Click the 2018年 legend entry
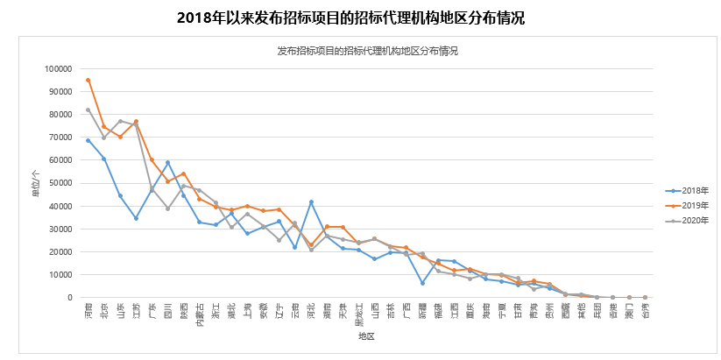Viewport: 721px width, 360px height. click(687, 190)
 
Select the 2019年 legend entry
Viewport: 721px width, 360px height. click(687, 205)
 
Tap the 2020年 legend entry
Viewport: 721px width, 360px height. click(687, 220)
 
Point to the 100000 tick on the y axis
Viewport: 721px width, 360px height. click(58, 69)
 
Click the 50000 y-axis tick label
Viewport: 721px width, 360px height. click(60, 183)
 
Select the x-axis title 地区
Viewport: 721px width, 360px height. click(366, 337)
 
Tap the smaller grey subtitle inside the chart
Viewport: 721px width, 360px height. click(367, 51)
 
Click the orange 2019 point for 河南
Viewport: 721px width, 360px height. click(88, 80)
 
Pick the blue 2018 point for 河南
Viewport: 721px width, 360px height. click(88, 140)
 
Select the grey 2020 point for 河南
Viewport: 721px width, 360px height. click(88, 109)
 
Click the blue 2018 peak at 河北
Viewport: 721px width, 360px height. click(311, 202)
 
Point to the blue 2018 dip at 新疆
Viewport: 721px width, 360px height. click(422, 283)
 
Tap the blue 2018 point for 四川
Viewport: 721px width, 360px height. click(167, 163)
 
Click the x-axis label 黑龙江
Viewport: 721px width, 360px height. click(358, 314)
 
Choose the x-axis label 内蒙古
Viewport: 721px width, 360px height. click(199, 314)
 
